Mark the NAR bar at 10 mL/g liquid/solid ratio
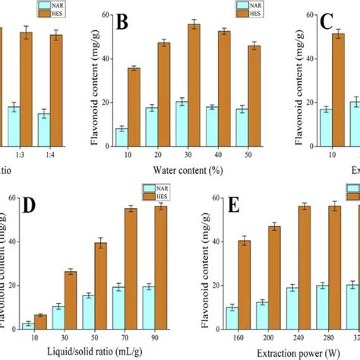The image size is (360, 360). (x=28, y=324)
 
